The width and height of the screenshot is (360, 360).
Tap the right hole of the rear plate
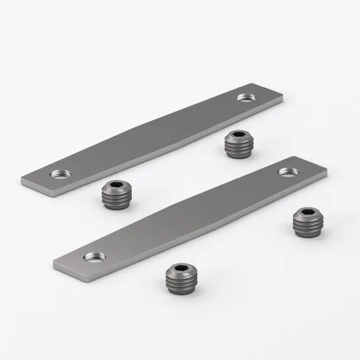246,96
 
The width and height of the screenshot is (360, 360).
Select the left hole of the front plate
92,255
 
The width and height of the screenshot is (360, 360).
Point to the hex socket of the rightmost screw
308,214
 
